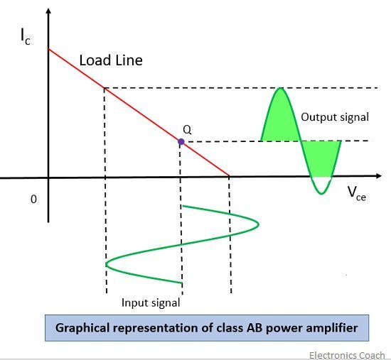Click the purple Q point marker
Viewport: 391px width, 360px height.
pyautogui.click(x=181, y=142)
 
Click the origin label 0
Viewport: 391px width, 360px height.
pyautogui.click(x=33, y=200)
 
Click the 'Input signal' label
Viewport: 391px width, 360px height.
pyautogui.click(x=150, y=302)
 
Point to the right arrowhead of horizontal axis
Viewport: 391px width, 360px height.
pyautogui.click(x=385, y=177)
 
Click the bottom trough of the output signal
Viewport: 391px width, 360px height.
pyautogui.click(x=322, y=193)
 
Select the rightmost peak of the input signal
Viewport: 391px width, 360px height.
pyautogui.click(x=258, y=224)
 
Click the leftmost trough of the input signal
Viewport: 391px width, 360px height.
pyautogui.click(x=107, y=264)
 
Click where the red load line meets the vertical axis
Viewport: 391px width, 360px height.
pyautogui.click(x=48, y=49)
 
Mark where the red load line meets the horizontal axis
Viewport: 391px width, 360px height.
pyautogui.click(x=230, y=177)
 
